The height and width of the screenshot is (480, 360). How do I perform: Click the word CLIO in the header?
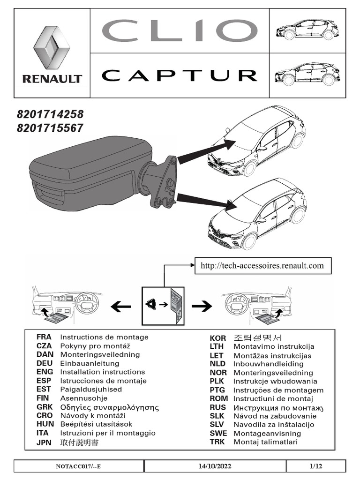(x=180, y=31)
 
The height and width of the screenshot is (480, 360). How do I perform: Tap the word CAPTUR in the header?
(x=180, y=75)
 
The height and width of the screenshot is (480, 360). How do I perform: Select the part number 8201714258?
(x=50, y=114)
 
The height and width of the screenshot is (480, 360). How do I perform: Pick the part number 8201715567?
(x=50, y=127)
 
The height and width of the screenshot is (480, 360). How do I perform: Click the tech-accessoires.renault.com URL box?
(x=262, y=266)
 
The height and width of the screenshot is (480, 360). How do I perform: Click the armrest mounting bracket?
(x=165, y=183)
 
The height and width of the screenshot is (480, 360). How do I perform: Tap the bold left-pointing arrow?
(x=121, y=307)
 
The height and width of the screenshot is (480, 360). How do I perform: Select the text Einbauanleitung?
(x=90, y=363)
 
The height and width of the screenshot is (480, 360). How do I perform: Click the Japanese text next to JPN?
(x=80, y=442)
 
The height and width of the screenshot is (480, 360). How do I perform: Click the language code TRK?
(x=217, y=442)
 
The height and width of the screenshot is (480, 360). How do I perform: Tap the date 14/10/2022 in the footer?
(x=215, y=466)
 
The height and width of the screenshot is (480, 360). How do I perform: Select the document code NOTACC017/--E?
(x=78, y=466)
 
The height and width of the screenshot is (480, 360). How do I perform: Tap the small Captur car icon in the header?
(x=307, y=74)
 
